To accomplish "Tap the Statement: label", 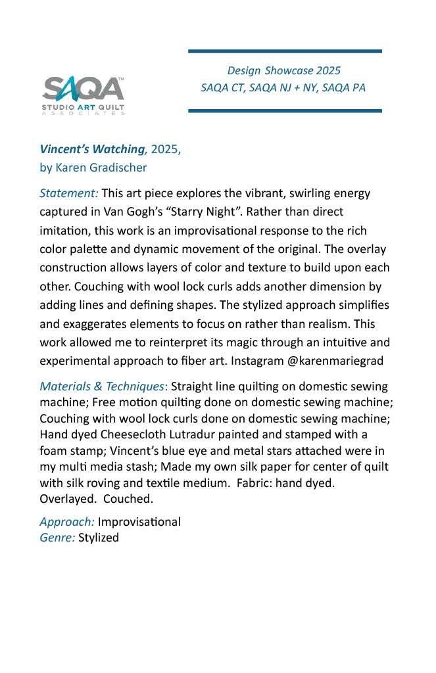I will [x=69, y=193].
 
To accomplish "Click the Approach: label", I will [x=67, y=522].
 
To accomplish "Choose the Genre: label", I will [x=57, y=538].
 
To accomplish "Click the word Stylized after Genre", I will [x=99, y=538].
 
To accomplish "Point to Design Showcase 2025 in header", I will [x=283, y=70].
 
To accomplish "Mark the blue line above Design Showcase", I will [x=285, y=51].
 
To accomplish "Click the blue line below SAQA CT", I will [x=285, y=110].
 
